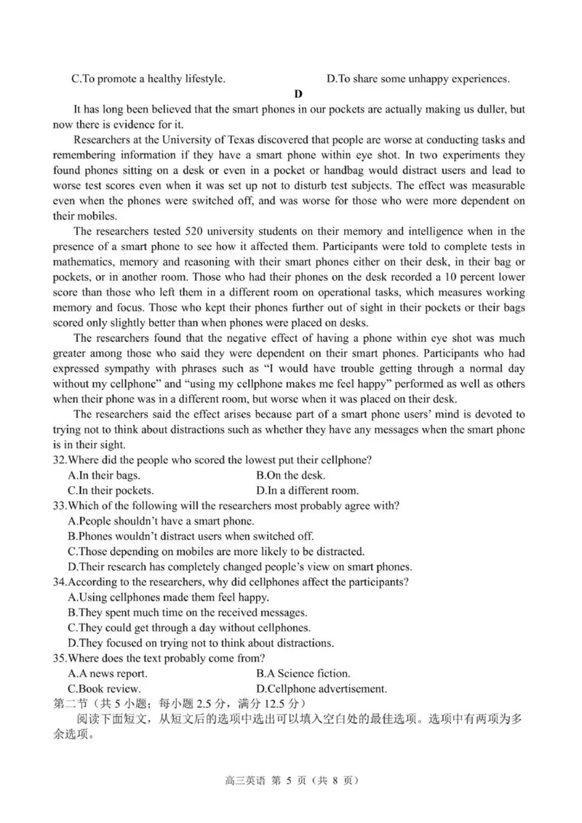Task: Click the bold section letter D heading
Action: (298, 93)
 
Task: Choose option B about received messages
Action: (187, 612)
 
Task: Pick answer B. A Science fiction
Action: (303, 673)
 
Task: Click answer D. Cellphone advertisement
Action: (322, 688)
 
